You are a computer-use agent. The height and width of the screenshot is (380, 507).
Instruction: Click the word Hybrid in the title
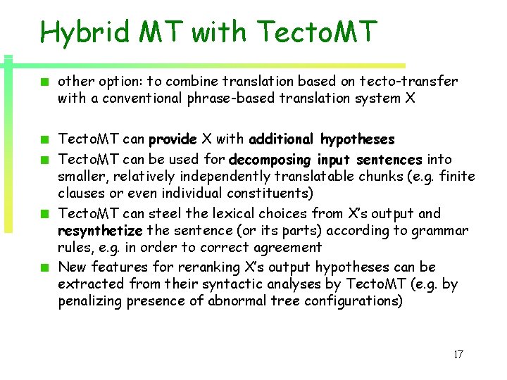pos(84,32)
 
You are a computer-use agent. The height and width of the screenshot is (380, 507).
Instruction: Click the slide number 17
pos(458,355)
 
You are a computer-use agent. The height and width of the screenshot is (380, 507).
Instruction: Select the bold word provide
pos(173,139)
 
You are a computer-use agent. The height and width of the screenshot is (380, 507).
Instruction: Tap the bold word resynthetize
pos(101,230)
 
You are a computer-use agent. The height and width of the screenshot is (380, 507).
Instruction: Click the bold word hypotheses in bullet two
pos(357,139)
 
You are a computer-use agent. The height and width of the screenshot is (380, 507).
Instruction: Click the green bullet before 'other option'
pos(44,82)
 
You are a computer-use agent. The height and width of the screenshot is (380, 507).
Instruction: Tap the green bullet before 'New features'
pos(44,267)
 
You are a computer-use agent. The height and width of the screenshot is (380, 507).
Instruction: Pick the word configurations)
pos(353,301)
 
